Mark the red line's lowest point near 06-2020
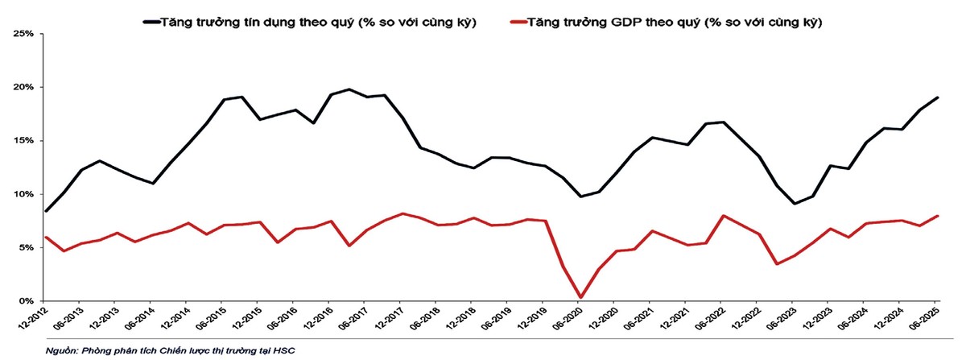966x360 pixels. click(x=580, y=297)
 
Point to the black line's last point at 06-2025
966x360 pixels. click(x=938, y=97)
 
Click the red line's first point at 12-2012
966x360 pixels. click(x=46, y=238)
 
